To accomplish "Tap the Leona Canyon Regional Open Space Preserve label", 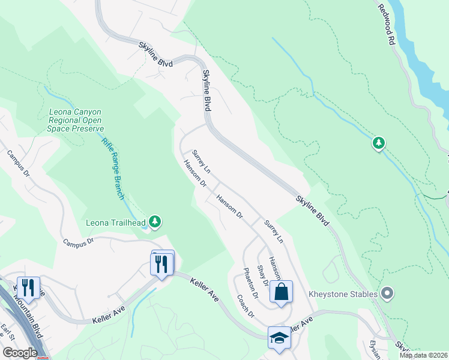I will pyautogui.click(x=76, y=120).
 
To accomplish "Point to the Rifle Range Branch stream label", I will pyautogui.click(x=113, y=169).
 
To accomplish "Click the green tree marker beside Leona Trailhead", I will pyautogui.click(x=155, y=223).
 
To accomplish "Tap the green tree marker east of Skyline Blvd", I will pyautogui.click(x=378, y=143).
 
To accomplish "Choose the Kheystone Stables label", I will pyautogui.click(x=343, y=294).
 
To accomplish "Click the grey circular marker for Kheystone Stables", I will pyautogui.click(x=387, y=293).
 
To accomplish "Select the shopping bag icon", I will pyautogui.click(x=281, y=293).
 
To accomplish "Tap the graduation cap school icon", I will pyautogui.click(x=279, y=338).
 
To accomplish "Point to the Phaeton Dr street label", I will pyautogui.click(x=251, y=284).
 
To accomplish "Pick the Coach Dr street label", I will pyautogui.click(x=246, y=307).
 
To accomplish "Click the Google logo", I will pyautogui.click(x=19, y=353).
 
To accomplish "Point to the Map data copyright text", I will pyautogui.click(x=423, y=355).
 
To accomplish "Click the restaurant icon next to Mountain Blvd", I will pyautogui.click(x=28, y=288).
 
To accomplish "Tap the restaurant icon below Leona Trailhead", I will pyautogui.click(x=161, y=265).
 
